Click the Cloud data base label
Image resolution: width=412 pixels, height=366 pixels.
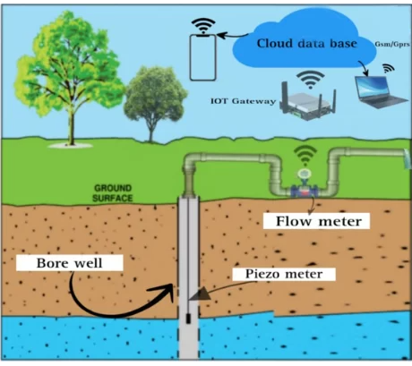click(x=307, y=44)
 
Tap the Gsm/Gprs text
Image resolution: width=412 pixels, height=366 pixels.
click(x=392, y=44)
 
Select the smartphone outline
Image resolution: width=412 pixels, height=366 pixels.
click(x=203, y=57)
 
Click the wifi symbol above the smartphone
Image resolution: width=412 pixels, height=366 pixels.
click(x=203, y=26)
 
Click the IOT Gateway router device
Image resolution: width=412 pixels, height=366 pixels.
click(x=308, y=103)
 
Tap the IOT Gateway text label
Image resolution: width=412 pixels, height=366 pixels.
click(x=243, y=101)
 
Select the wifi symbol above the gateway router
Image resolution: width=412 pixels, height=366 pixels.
click(x=311, y=80)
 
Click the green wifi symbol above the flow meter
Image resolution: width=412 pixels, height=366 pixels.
click(x=305, y=156)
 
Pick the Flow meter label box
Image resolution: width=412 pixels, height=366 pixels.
click(x=316, y=221)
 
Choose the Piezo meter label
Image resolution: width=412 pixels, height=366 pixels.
click(x=284, y=274)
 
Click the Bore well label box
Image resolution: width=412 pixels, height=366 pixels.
click(x=69, y=263)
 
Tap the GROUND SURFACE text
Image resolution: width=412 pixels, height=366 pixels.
click(x=113, y=193)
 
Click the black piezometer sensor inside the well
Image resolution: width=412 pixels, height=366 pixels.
click(x=188, y=319)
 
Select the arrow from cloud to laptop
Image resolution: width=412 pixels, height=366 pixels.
click(x=364, y=68)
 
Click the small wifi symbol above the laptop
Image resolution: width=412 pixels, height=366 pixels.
click(x=389, y=69)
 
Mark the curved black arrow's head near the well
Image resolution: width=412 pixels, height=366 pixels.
click(x=167, y=291)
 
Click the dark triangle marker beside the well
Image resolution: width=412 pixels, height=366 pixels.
click(x=200, y=294)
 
